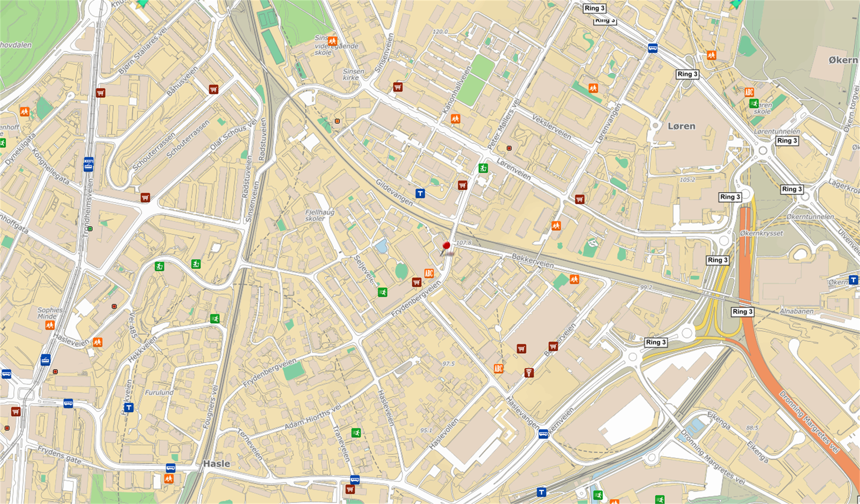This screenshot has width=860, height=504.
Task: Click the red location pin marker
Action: pos(446,247)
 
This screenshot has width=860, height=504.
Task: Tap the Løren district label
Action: pos(681,126)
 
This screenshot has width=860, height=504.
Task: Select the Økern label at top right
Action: pos(843,60)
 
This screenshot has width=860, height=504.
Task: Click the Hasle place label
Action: pos(217,463)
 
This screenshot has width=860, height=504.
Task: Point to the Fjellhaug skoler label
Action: pos(319,215)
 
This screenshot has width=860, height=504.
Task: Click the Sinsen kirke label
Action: pos(353,74)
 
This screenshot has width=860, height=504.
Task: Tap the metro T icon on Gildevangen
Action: pos(420,193)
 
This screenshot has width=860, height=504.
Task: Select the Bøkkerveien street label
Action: pos(532,261)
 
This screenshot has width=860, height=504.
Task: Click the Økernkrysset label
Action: pos(761,233)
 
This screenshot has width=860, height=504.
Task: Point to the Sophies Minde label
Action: pos(50,313)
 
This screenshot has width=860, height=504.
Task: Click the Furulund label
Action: pos(159,392)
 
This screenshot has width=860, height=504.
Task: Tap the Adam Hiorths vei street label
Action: pos(312,417)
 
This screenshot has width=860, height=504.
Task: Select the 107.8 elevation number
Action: pos(463,243)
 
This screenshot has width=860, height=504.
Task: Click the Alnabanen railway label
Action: pos(797,311)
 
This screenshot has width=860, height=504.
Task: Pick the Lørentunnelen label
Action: pos(776,131)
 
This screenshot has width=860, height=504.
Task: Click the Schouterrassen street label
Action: pos(188,139)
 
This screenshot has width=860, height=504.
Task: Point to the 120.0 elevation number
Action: pos(440,32)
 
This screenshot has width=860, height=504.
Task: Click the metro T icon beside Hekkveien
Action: pos(128,407)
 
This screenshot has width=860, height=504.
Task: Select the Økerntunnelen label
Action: pos(810,217)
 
